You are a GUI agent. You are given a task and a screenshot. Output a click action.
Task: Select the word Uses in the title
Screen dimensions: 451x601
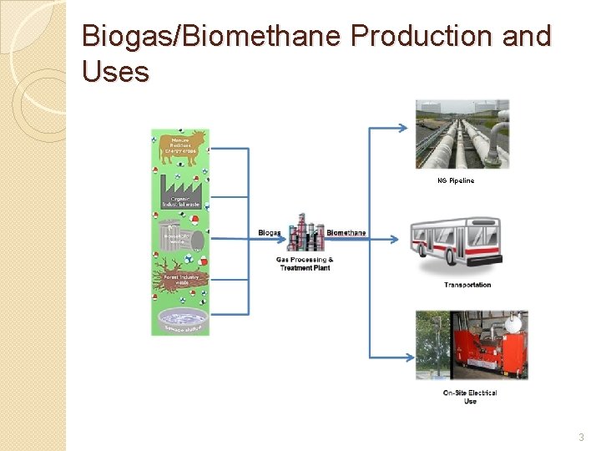[116, 72]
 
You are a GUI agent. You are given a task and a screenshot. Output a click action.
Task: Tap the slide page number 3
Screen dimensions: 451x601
[582, 437]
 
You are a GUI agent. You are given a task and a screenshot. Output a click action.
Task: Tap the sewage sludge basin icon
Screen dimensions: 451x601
[180, 318]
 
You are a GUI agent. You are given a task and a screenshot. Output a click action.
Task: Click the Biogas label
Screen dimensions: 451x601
[270, 232]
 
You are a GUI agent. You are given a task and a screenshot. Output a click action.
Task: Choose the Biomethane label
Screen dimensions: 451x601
[346, 232]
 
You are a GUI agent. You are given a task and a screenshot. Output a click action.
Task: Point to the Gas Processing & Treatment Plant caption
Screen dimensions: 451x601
[305, 263]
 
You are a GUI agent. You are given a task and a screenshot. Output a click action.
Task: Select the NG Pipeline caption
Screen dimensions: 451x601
[456, 180]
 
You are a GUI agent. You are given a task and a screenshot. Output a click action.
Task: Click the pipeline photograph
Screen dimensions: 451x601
[462, 134]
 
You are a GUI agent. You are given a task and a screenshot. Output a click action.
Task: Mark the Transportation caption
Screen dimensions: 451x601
[467, 286]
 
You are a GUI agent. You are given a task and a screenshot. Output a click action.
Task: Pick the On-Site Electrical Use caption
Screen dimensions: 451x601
[470, 397]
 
